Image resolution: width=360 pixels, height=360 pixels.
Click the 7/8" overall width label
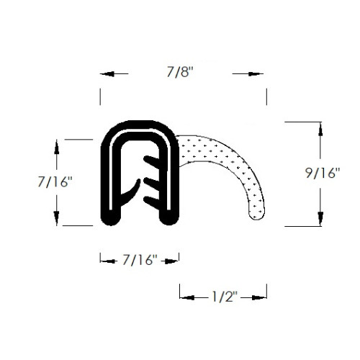click(180, 72)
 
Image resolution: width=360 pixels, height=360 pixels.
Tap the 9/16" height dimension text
click(323, 173)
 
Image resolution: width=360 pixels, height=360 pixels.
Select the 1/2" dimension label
click(225, 297)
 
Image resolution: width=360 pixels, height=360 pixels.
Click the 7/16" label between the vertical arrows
click(55, 181)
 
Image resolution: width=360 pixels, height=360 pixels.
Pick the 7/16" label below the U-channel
click(140, 260)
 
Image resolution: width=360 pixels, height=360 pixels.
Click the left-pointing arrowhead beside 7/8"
click(107, 74)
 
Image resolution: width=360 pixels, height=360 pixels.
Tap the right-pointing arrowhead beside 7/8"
click(256, 74)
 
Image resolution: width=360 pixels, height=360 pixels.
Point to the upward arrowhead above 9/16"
click(320, 130)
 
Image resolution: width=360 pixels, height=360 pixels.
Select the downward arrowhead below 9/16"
click(320, 219)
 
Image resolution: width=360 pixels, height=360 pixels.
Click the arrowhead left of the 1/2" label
click(187, 298)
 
